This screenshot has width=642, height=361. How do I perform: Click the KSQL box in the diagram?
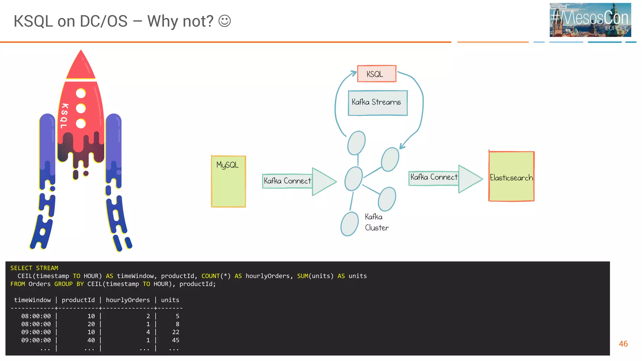pyautogui.click(x=376, y=74)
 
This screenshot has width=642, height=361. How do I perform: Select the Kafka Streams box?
pyautogui.click(x=377, y=103)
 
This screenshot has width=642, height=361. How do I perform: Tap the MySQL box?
pyautogui.click(x=228, y=181)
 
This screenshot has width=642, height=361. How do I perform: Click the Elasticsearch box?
pyautogui.click(x=511, y=177)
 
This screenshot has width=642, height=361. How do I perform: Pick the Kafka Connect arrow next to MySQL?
pyautogui.click(x=298, y=181)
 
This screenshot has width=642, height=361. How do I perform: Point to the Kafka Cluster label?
pyautogui.click(x=376, y=222)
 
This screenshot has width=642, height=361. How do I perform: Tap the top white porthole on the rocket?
pyautogui.click(x=81, y=93)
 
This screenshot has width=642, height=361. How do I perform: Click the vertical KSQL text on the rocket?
pyautogui.click(x=64, y=116)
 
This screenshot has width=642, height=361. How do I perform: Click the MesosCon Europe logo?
pyautogui.click(x=590, y=20)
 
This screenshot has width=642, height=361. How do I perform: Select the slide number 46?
pyautogui.click(x=623, y=344)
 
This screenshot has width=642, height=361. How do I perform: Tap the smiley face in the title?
pyautogui.click(x=224, y=21)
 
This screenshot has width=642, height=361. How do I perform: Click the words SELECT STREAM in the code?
pyautogui.click(x=34, y=268)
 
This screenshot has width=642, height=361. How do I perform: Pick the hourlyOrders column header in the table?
pyautogui.click(x=128, y=300)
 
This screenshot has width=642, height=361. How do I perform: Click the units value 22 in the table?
pyautogui.click(x=176, y=332)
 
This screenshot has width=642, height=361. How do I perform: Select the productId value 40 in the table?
pyautogui.click(x=91, y=340)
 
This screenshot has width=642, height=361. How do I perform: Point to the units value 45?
pyautogui.click(x=176, y=340)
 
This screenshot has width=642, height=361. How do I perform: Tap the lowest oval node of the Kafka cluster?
pyautogui.click(x=350, y=224)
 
